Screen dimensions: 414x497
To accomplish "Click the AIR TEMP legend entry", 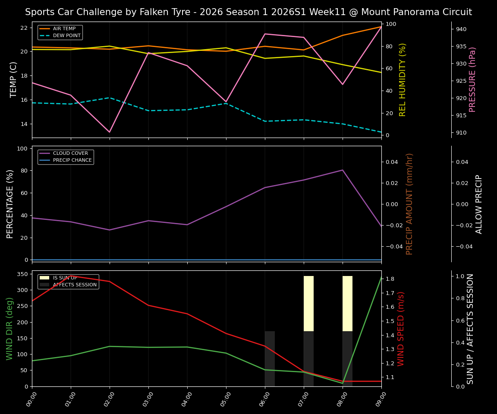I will pyautogui.click(x=64, y=29).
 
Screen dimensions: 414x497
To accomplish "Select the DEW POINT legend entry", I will pyautogui.click(x=66, y=35).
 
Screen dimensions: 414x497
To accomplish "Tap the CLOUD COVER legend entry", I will pyautogui.click(x=70, y=154).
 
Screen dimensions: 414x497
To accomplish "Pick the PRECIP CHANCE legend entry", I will pyautogui.click(x=72, y=160).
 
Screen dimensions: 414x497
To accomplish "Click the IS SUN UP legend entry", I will pyautogui.click(x=65, y=278).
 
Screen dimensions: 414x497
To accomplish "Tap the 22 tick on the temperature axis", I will pyautogui.click(x=24, y=28).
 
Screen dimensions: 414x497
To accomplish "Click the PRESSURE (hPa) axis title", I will pyautogui.click(x=472, y=79).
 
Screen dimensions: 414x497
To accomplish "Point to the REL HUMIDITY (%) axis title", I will pyautogui.click(x=403, y=79).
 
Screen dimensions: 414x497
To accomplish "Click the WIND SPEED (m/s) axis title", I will pyautogui.click(x=401, y=329).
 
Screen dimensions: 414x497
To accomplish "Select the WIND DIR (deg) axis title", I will pyautogui.click(x=9, y=329).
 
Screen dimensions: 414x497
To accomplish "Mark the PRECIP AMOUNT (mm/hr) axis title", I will pyautogui.click(x=409, y=204).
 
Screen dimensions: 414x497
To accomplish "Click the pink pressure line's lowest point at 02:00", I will pyautogui.click(x=110, y=132).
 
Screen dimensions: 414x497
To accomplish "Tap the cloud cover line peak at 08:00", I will pyautogui.click(x=343, y=170).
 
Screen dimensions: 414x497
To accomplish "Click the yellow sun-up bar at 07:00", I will pyautogui.click(x=308, y=304).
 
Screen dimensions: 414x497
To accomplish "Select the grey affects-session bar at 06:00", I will pyautogui.click(x=270, y=359).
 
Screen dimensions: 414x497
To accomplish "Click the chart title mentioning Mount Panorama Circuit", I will pyautogui.click(x=248, y=12).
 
